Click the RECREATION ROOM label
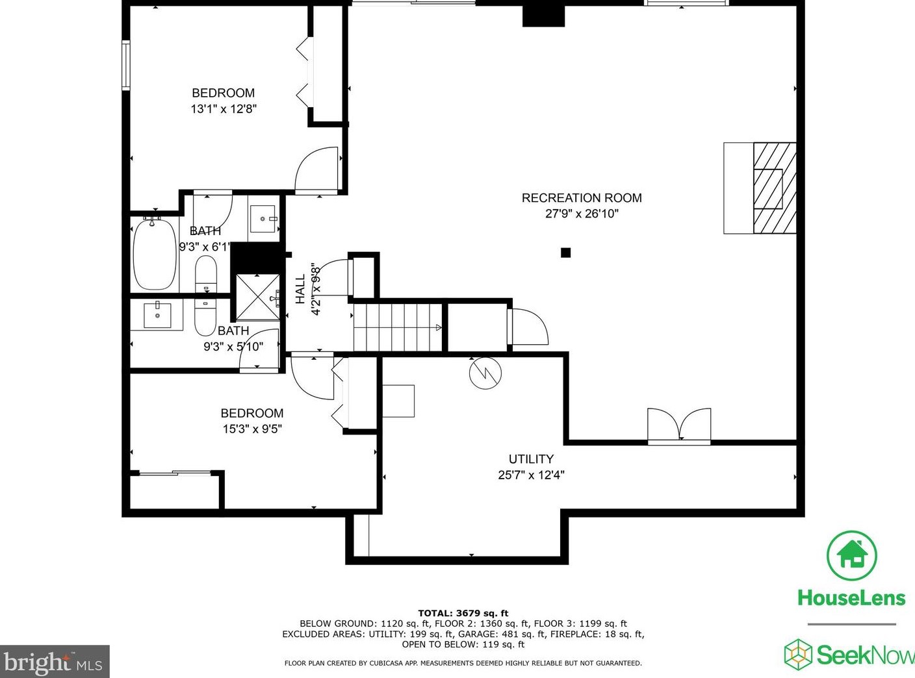pos(582,198)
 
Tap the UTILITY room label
pos(531,459)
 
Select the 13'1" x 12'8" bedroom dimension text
pos(224,109)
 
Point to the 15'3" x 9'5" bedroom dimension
pos(252,429)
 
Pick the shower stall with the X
pos(257,297)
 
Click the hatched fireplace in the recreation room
pos(774,188)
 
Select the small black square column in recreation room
pos(565,253)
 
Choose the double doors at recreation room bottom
pos(679,425)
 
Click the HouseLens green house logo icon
pos(851,556)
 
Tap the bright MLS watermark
pos(54,662)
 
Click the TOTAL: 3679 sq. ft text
pos(463,613)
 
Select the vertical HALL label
pos(300,289)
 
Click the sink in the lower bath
pos(157,315)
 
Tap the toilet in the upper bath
pos(206,275)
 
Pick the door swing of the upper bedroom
pos(317,170)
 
